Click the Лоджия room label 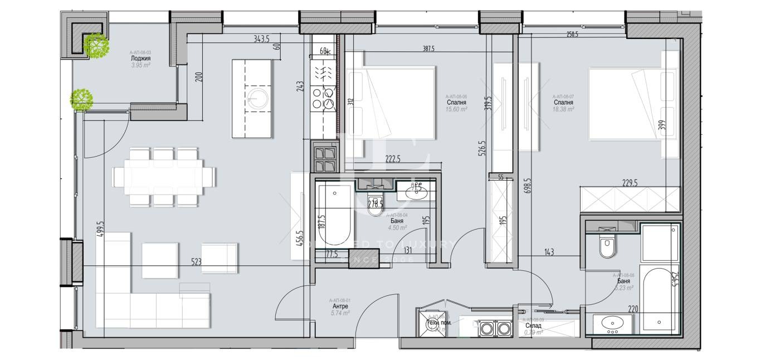point(140,59)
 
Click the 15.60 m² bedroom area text point(456,110)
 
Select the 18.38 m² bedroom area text point(563,110)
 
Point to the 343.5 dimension point(261,39)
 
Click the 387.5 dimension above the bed point(428,49)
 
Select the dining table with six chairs point(164,177)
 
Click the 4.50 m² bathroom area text point(398,227)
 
